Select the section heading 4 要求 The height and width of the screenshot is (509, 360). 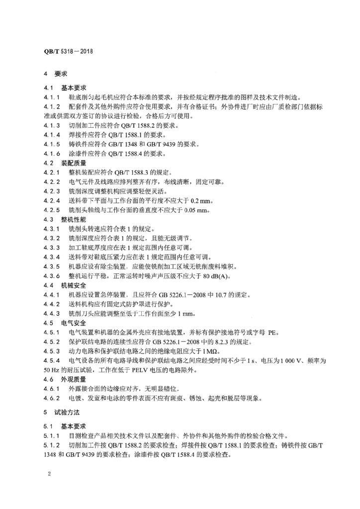(53, 74)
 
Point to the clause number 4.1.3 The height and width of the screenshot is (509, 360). (52, 125)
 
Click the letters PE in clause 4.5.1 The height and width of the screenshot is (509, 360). (274, 332)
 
